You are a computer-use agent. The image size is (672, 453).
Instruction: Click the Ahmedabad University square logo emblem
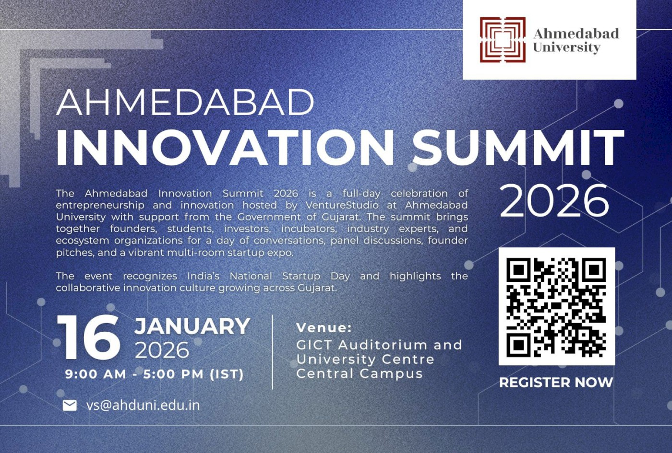click(x=503, y=40)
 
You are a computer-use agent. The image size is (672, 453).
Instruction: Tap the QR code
click(x=556, y=307)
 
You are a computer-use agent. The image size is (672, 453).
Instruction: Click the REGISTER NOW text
click(x=556, y=383)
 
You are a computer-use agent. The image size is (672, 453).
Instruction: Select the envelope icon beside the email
click(x=70, y=406)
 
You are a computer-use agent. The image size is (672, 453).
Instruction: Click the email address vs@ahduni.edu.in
click(x=143, y=405)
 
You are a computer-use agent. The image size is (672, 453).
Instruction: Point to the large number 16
click(x=89, y=338)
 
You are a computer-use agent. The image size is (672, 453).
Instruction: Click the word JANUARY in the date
click(x=192, y=326)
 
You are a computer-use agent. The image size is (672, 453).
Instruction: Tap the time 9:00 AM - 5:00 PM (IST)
click(x=155, y=374)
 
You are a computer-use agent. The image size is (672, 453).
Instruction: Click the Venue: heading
click(x=324, y=328)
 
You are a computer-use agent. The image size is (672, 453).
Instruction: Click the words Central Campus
click(x=360, y=373)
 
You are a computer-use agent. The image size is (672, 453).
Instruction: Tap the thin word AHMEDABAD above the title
click(x=185, y=102)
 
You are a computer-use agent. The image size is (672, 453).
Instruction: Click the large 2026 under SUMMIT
click(x=554, y=200)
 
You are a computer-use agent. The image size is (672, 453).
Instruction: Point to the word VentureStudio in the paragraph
click(x=342, y=205)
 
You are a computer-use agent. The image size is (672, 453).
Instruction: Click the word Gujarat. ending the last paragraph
click(x=317, y=288)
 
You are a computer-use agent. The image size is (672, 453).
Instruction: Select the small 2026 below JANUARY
click(x=162, y=350)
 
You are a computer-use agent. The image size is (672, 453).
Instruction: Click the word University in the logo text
click(x=566, y=47)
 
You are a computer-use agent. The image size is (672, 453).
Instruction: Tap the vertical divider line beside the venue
click(x=273, y=352)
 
